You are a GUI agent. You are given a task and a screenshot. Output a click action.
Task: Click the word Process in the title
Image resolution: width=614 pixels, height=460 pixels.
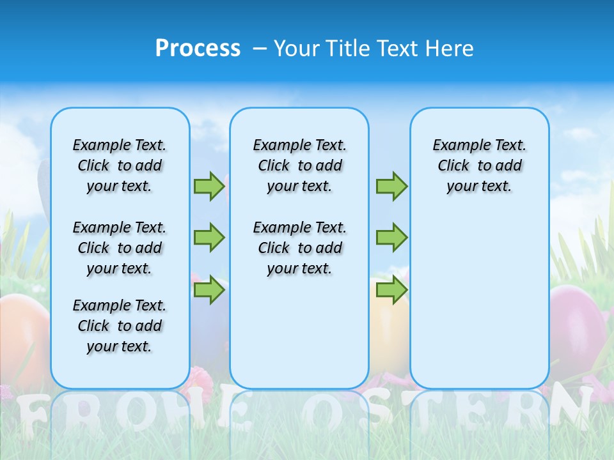click(198, 48)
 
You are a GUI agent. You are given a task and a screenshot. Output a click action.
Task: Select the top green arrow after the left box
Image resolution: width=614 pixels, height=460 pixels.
click(209, 186)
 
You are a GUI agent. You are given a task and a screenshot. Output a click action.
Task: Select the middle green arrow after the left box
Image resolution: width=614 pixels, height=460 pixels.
click(209, 238)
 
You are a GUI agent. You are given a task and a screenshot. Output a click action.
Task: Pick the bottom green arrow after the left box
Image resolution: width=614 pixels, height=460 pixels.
click(209, 290)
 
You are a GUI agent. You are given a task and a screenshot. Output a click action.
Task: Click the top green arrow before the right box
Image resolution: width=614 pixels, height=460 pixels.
click(391, 186)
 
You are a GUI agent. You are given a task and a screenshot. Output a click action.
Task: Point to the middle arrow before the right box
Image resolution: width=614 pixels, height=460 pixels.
click(391, 238)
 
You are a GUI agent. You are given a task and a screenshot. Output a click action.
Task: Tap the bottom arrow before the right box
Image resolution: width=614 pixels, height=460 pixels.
click(391, 290)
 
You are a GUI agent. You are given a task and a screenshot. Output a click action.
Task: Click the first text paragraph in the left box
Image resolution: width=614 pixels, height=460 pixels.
click(120, 165)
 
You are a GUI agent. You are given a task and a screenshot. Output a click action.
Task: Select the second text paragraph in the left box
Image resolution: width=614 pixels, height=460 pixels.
click(120, 248)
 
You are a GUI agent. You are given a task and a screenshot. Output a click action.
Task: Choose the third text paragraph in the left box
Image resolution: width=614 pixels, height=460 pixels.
click(120, 326)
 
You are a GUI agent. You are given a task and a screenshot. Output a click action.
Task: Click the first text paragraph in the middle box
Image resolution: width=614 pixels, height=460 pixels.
click(299, 165)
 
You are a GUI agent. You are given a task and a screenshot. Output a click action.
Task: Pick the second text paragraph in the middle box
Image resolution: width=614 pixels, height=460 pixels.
click(299, 248)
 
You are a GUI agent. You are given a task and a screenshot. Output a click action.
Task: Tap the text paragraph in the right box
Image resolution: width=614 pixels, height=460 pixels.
click(480, 165)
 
